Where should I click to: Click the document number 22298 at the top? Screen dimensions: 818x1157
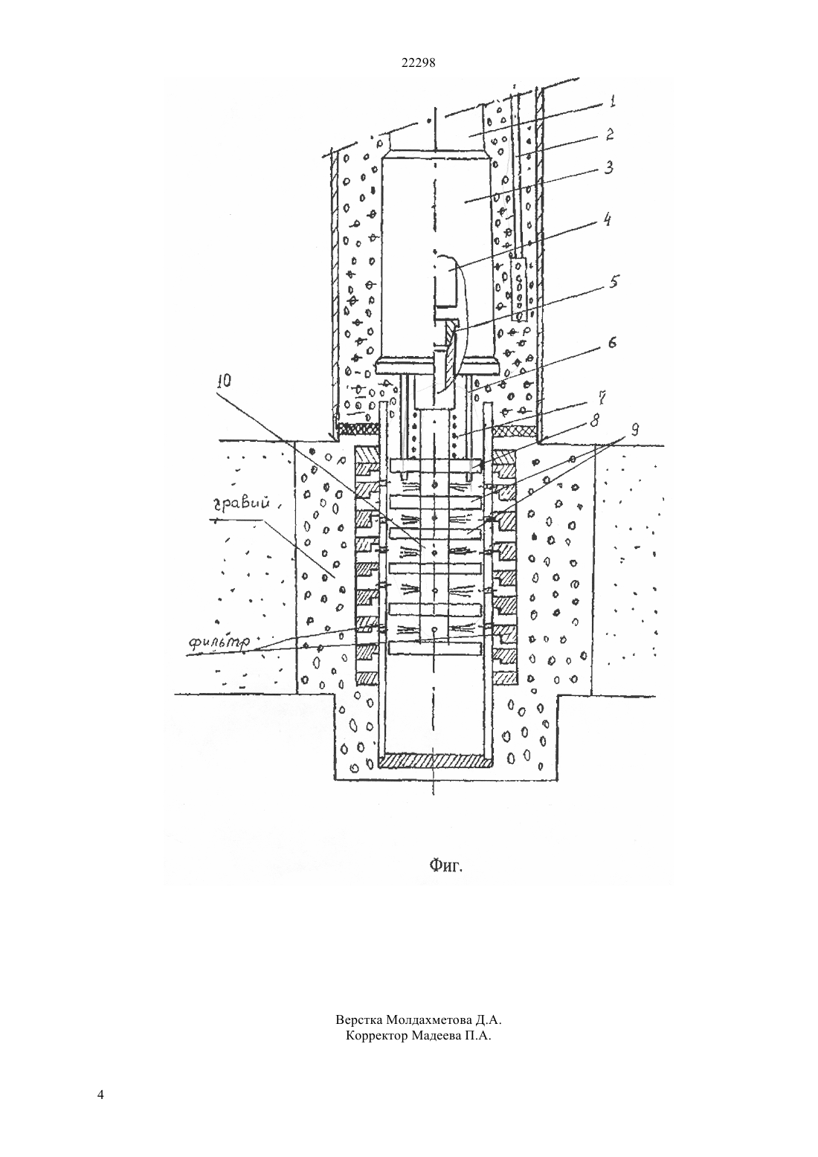click(x=418, y=63)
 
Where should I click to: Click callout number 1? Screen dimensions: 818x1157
click(x=611, y=100)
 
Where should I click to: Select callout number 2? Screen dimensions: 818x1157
click(x=609, y=135)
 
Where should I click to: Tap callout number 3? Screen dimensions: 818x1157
click(x=608, y=167)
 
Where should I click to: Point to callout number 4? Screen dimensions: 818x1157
click(x=608, y=221)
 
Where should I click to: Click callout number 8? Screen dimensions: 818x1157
click(x=596, y=421)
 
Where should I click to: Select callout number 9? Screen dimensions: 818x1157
click(x=635, y=429)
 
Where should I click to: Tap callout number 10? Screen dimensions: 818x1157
click(x=225, y=381)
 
